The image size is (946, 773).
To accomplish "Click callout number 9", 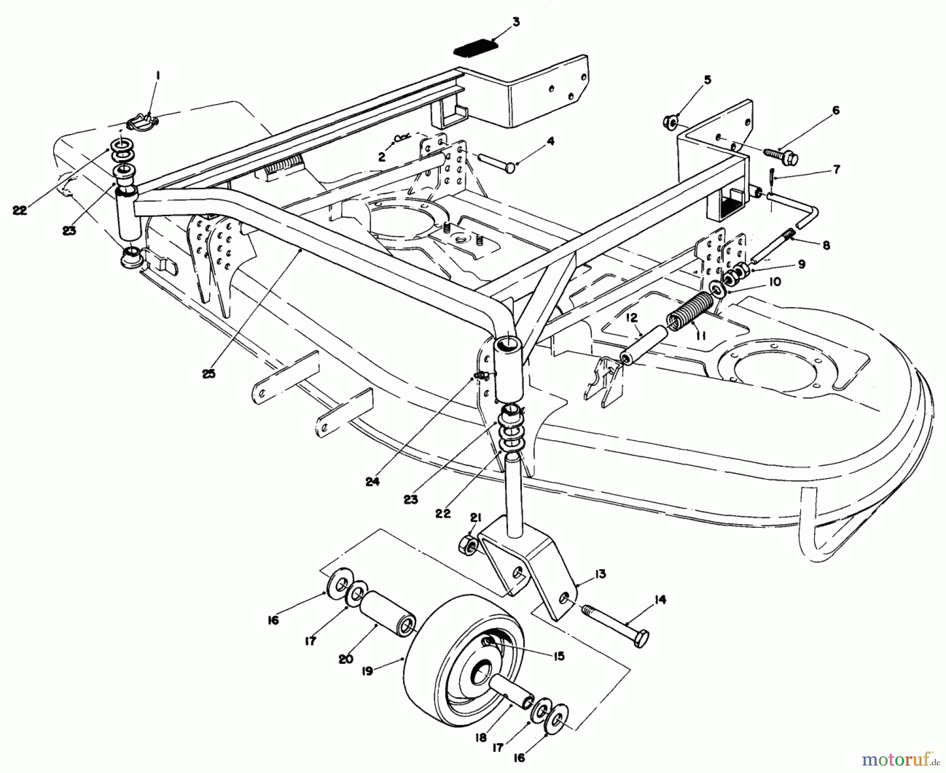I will (801, 265).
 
